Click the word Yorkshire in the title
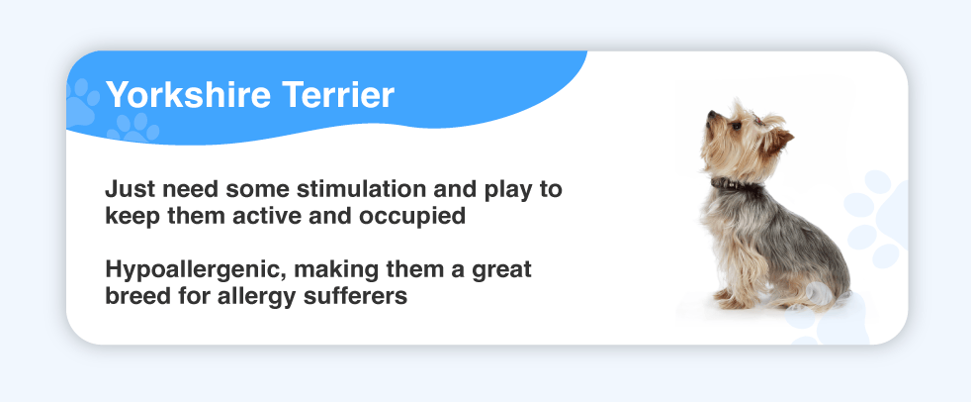tap(188, 95)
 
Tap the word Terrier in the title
tap(338, 95)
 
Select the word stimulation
tap(369, 188)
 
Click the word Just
tap(126, 188)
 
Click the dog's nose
tap(710, 114)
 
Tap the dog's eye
tap(736, 126)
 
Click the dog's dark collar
tap(735, 184)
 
